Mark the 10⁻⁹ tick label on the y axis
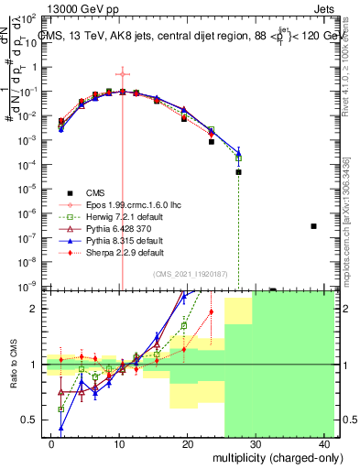32,286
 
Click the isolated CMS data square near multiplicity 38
313,226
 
